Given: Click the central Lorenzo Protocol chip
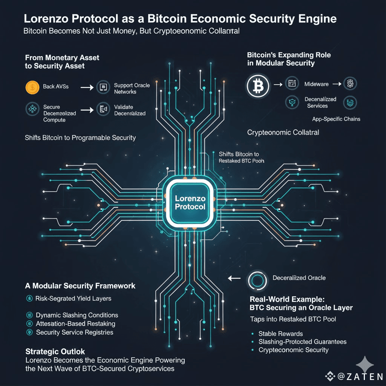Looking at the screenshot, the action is pos(190,202).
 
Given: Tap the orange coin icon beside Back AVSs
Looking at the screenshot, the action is pos(32,87).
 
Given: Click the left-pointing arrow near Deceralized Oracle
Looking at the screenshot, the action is pos(234,279).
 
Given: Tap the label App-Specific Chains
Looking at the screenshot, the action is pos(336,119).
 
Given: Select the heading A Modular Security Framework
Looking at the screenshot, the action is pos(80,286).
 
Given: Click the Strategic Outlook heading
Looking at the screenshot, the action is pos(55,351).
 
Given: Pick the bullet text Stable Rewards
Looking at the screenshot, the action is pos(280,334).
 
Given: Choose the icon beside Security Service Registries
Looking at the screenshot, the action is pos(29,332).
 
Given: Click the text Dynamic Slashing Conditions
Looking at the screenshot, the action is pos(77,315).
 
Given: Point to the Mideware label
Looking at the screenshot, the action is pos(316,84).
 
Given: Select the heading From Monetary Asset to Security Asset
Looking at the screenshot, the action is pos(62,62).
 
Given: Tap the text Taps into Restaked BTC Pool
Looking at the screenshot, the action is pos(293,319).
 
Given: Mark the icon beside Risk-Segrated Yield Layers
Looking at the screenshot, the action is pos(29,299).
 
